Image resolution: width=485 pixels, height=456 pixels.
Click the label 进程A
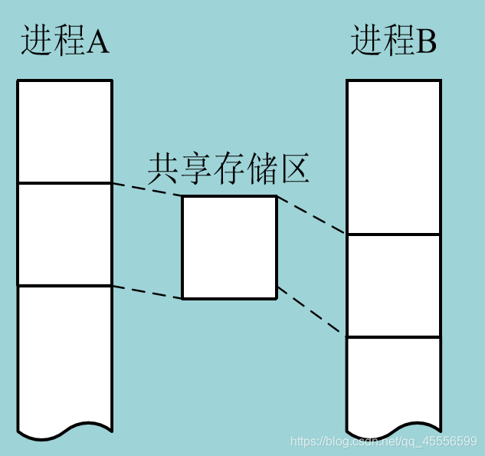pos(65,41)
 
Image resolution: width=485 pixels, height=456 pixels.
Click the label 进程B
pos(394,41)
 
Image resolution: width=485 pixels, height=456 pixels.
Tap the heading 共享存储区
pos(228,169)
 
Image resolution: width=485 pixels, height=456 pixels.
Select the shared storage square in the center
pos(229,247)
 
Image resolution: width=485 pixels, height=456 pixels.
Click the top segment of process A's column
pos(65,131)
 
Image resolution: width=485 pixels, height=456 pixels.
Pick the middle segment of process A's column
pos(65,234)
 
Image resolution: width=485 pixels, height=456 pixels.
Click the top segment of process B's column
pos(394,157)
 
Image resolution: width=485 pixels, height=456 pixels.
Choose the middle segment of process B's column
pos(394,285)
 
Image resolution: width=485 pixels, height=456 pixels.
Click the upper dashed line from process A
pos(147,189)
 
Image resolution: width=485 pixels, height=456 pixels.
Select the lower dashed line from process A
pos(147,291)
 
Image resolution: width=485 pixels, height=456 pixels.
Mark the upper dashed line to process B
pos(311,215)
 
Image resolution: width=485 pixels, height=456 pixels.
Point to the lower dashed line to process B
pos(311,311)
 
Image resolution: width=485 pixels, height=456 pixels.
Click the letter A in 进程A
pos(98,42)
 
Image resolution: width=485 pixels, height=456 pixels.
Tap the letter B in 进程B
pos(427,42)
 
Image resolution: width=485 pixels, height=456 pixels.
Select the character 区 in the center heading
pos(294,169)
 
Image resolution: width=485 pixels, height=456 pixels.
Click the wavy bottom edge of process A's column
pos(65,431)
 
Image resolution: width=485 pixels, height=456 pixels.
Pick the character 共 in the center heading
pos(163,169)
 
